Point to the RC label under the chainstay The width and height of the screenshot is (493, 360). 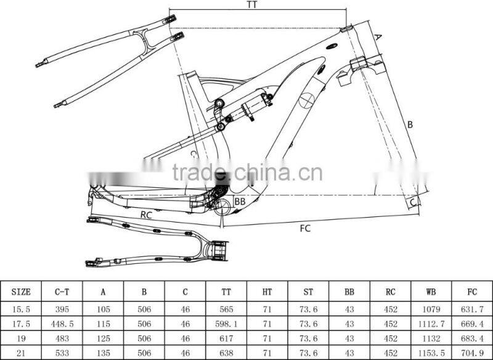tap(146, 215)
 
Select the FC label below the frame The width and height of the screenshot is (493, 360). tap(305, 228)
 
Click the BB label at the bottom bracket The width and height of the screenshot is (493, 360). tap(240, 202)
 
